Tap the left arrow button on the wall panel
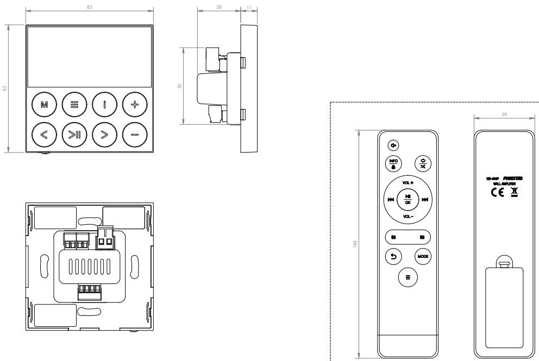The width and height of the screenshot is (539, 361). coord(44,134)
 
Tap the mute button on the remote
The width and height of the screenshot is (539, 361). coord(394,145)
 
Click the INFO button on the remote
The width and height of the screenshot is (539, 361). coord(393,163)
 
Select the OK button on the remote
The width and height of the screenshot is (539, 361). coord(408,199)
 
